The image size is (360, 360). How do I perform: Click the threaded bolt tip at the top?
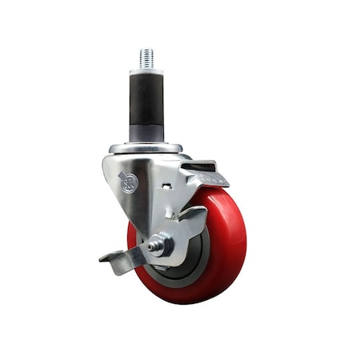pos(146,58)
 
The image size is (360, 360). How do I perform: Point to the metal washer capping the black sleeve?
pos(146,71)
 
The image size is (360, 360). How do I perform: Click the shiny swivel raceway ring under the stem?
pos(146,148)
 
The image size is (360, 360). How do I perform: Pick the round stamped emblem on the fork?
pos(129,182)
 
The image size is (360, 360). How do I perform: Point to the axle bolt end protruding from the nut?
pos(169,244)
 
